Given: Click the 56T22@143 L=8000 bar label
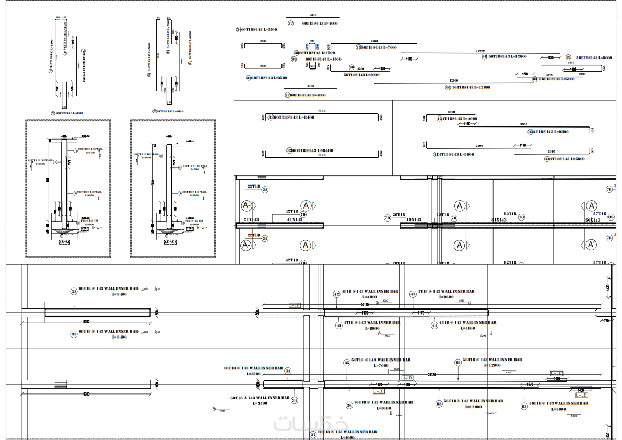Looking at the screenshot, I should click(x=594, y=57).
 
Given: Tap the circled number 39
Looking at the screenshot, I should click(x=569, y=57).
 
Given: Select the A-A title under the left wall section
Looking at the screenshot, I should click(x=65, y=242).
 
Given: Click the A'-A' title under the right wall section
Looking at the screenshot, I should click(x=170, y=242).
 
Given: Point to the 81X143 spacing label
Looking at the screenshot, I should click(x=498, y=220).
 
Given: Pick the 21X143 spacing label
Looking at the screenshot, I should click(x=251, y=219).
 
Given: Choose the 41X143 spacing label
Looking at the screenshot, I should click(x=294, y=219).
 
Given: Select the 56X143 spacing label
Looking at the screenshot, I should click(x=593, y=220).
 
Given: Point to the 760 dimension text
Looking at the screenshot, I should click(x=606, y=321).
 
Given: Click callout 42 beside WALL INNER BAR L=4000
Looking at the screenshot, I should click(x=336, y=294).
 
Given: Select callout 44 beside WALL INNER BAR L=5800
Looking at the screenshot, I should click(x=435, y=325).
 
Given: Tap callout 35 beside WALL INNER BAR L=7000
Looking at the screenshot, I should click(x=347, y=363).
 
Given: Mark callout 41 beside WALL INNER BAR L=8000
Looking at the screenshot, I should click(x=338, y=326).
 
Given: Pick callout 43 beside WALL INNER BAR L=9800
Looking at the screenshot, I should click(x=413, y=294).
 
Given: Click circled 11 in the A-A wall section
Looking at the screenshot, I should click(x=74, y=193).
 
